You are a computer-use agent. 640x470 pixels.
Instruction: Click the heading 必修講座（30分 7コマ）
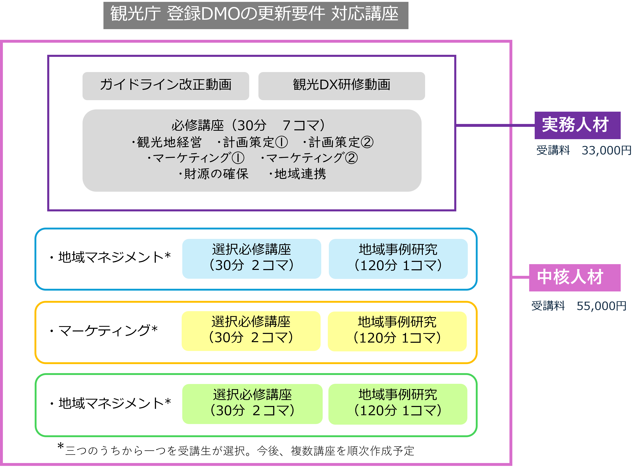(x=248, y=125)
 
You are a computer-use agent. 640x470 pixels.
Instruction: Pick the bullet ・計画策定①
(x=252, y=142)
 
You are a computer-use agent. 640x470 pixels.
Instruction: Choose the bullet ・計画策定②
(x=338, y=142)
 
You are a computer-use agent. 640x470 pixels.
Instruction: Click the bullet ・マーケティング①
(x=196, y=158)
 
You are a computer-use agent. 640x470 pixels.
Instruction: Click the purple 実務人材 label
(x=577, y=125)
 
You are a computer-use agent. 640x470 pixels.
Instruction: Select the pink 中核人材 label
(x=575, y=277)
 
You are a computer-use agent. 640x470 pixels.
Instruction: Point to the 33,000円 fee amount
(x=606, y=150)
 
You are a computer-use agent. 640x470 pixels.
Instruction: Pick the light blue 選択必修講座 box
(x=252, y=258)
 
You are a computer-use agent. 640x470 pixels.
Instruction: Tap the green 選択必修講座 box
(x=252, y=404)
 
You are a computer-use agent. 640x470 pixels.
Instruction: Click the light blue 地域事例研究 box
(x=398, y=258)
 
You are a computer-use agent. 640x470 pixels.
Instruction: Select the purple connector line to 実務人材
(x=495, y=125)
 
